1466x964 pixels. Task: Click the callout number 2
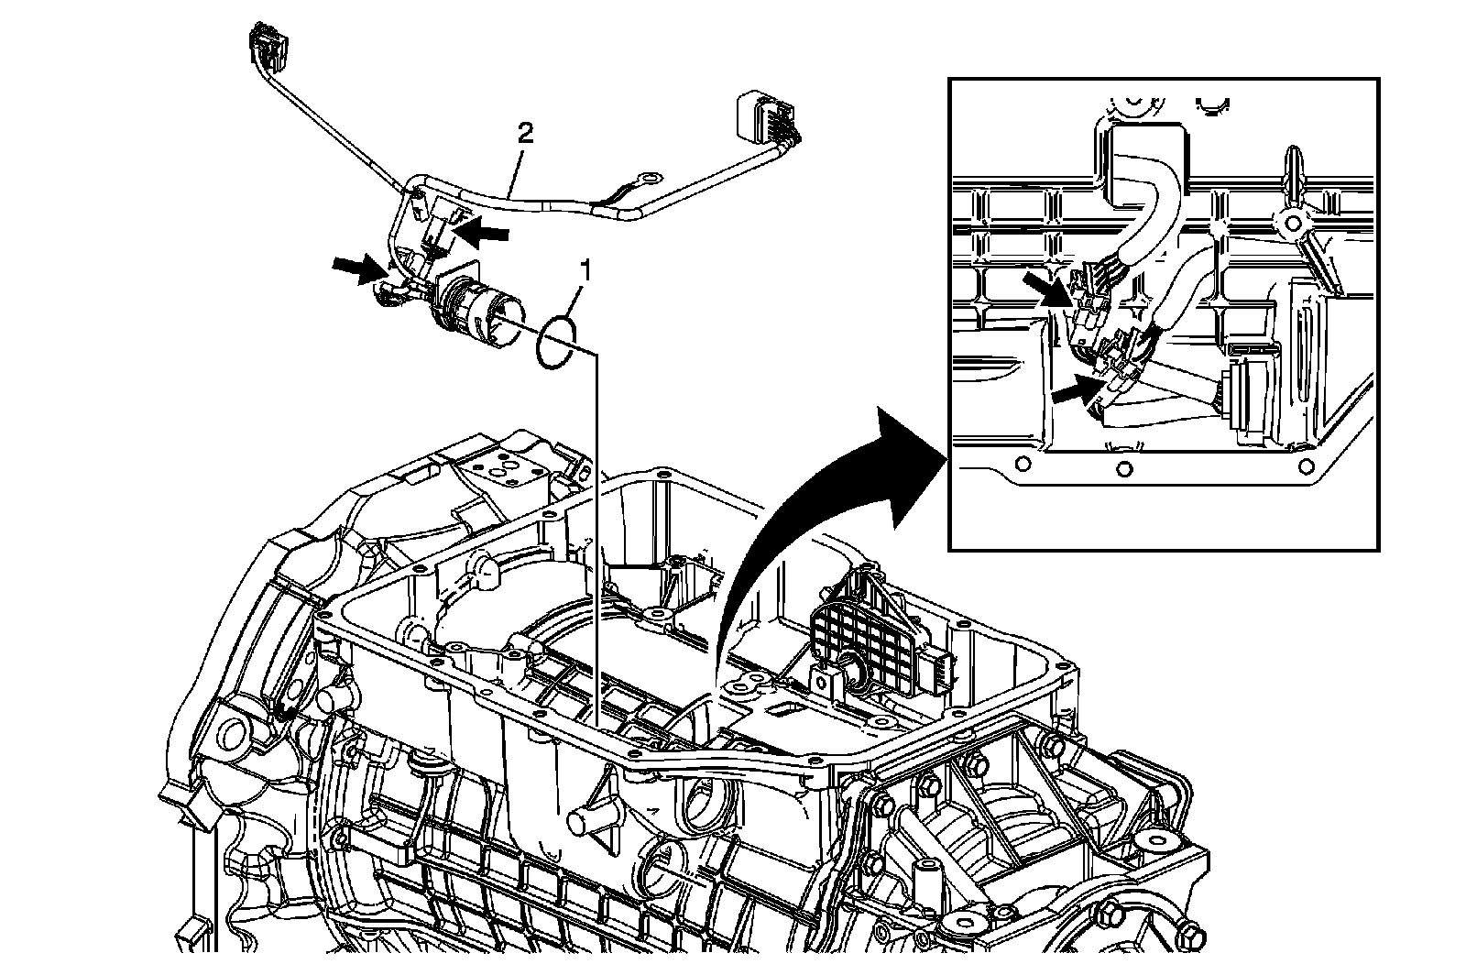click(x=525, y=134)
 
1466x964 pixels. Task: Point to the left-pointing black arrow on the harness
click(x=484, y=234)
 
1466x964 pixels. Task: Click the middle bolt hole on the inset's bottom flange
click(x=1124, y=469)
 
